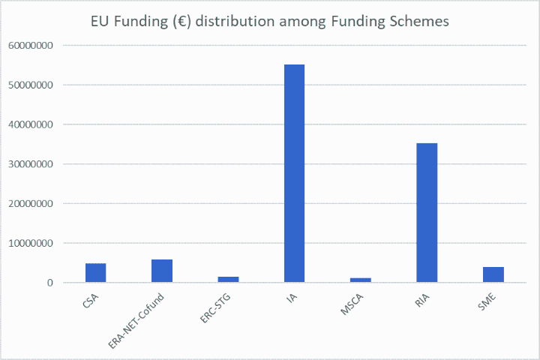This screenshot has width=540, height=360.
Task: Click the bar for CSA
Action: click(95, 273)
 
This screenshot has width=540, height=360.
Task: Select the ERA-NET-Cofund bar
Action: click(162, 271)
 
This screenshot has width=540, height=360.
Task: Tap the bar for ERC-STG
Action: click(228, 280)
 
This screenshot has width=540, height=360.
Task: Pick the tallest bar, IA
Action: click(294, 173)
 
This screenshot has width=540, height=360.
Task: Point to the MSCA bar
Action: click(360, 280)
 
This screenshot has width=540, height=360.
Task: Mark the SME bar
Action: click(493, 274)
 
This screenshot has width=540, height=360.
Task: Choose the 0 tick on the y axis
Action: click(50, 283)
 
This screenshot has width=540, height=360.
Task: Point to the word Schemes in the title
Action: click(423, 21)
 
